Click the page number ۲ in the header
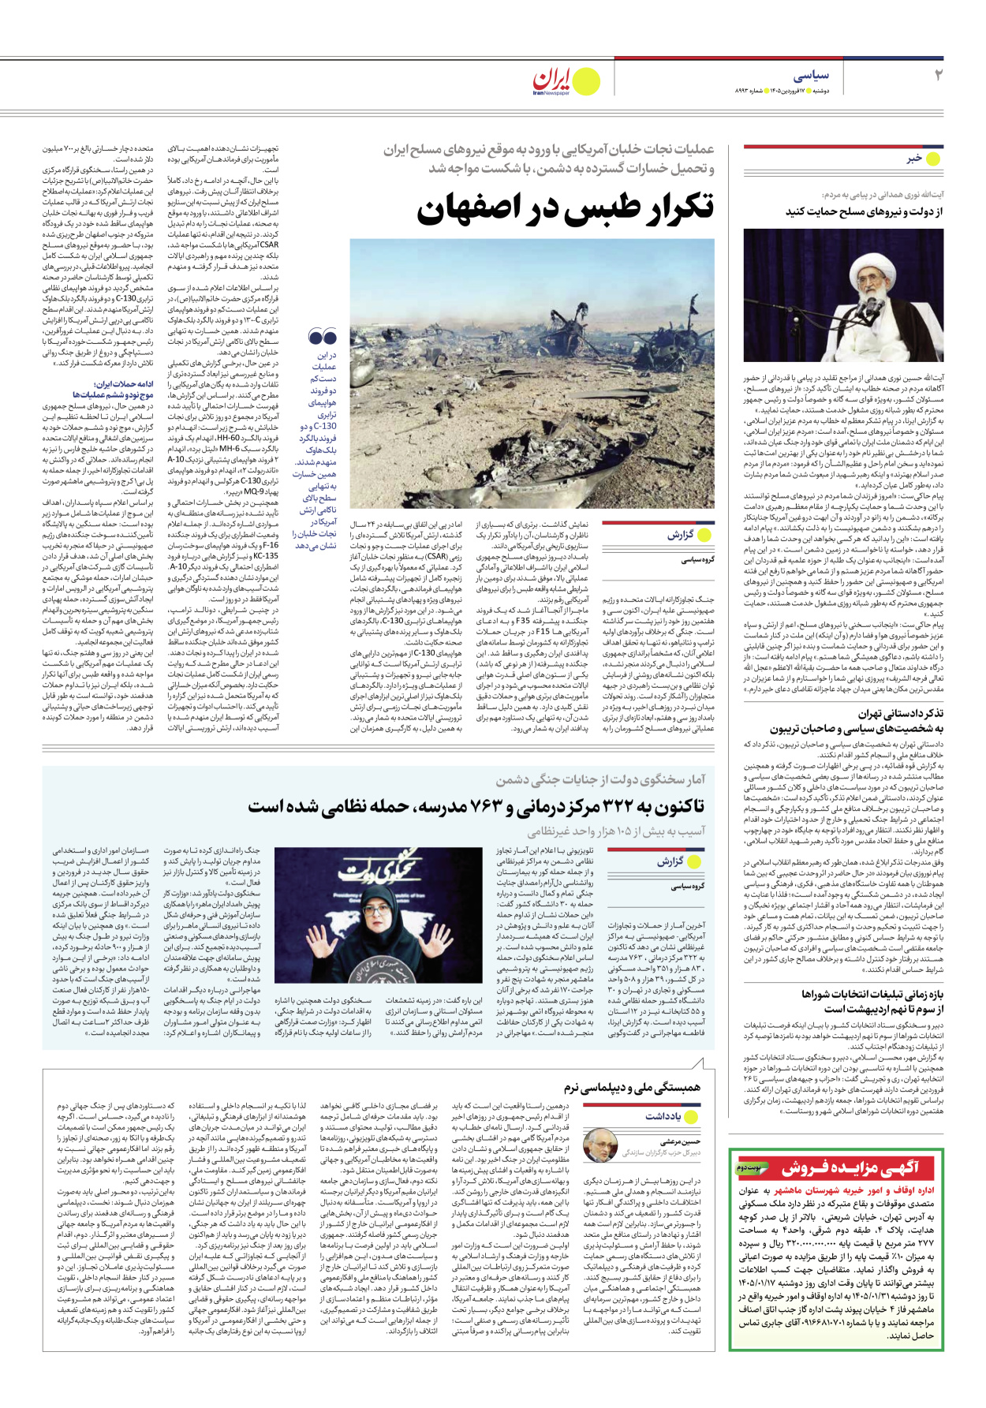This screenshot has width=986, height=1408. pyautogui.click(x=938, y=76)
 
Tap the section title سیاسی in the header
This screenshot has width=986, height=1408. pyautogui.click(x=810, y=76)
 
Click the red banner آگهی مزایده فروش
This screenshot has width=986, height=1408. pyautogui.click(x=850, y=1167)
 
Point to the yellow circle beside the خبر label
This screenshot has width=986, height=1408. pyautogui.click(x=933, y=159)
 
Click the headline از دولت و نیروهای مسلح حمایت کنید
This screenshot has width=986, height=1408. pyautogui.click(x=864, y=211)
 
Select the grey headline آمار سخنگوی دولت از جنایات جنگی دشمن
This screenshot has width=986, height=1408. pyautogui.click(x=600, y=780)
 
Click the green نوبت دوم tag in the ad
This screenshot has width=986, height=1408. pyautogui.click(x=749, y=1167)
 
